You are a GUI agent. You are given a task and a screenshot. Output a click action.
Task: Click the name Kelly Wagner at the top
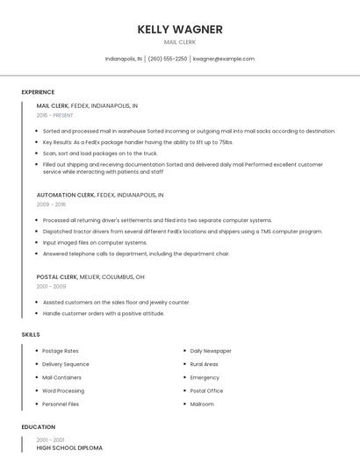[179, 29]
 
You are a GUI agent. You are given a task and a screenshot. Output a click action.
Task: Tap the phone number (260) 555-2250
[167, 59]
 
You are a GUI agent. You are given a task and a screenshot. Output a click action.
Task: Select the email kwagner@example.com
[223, 59]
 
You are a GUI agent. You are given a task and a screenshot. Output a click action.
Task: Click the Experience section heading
[38, 92]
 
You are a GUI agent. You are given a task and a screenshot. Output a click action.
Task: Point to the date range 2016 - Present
[55, 115]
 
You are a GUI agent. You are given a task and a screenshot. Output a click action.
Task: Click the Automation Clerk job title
[66, 195]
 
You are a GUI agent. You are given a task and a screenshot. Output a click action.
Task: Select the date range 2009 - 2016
[51, 204]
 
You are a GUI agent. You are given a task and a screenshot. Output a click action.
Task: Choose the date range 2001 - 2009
[51, 286]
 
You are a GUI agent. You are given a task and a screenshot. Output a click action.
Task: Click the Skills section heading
[31, 334]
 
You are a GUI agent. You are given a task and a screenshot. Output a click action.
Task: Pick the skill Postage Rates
[61, 351]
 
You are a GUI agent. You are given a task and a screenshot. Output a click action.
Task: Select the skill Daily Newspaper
[211, 351]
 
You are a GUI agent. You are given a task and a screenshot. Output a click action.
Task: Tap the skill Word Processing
[63, 390]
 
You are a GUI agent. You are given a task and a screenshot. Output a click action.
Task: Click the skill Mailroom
[202, 404]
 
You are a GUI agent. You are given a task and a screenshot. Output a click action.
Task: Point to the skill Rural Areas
[204, 364]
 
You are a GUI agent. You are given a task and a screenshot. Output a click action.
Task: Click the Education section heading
[38, 427]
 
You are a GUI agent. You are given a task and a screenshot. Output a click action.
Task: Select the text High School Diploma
[69, 448]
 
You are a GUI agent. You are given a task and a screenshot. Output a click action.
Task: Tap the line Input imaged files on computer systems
[95, 242]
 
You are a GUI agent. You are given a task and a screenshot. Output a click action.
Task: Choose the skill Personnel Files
[61, 404]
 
